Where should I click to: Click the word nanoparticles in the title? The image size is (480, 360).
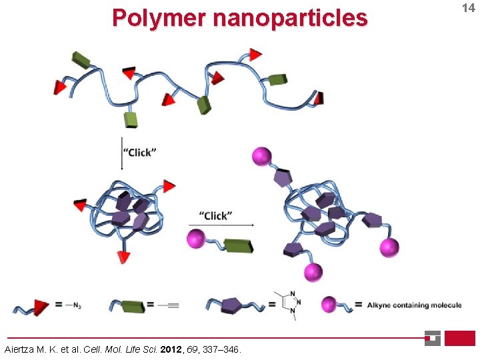click(x=290, y=17)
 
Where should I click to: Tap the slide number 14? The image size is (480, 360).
click(x=467, y=8)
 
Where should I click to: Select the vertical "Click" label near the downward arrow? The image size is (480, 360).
click(x=140, y=152)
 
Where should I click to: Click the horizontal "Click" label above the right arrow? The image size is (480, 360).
click(x=215, y=215)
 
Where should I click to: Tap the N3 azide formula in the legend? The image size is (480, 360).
click(x=73, y=305)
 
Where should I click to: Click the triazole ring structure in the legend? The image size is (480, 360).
click(x=287, y=305)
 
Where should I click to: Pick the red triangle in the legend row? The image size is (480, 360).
click(x=41, y=307)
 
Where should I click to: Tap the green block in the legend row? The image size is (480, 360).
click(x=133, y=307)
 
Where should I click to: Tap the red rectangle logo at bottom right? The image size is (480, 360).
click(x=460, y=338)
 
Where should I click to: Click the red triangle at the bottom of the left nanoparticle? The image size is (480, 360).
click(x=123, y=256)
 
